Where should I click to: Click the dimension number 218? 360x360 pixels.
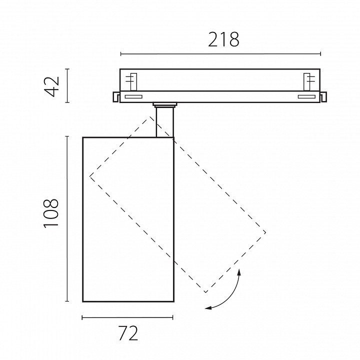(223, 39)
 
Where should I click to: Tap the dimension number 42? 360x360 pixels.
(52, 86)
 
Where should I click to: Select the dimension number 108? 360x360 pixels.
(51, 213)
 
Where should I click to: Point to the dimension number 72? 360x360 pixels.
(128, 333)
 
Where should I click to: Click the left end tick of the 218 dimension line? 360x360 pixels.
(121, 54)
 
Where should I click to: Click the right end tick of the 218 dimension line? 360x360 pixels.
(320, 54)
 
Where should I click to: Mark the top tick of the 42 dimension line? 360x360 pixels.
(67, 69)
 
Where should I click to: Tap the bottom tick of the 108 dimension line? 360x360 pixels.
(67, 301)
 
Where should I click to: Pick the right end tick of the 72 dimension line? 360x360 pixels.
(172, 317)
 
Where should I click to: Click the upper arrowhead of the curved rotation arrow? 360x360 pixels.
(239, 272)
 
